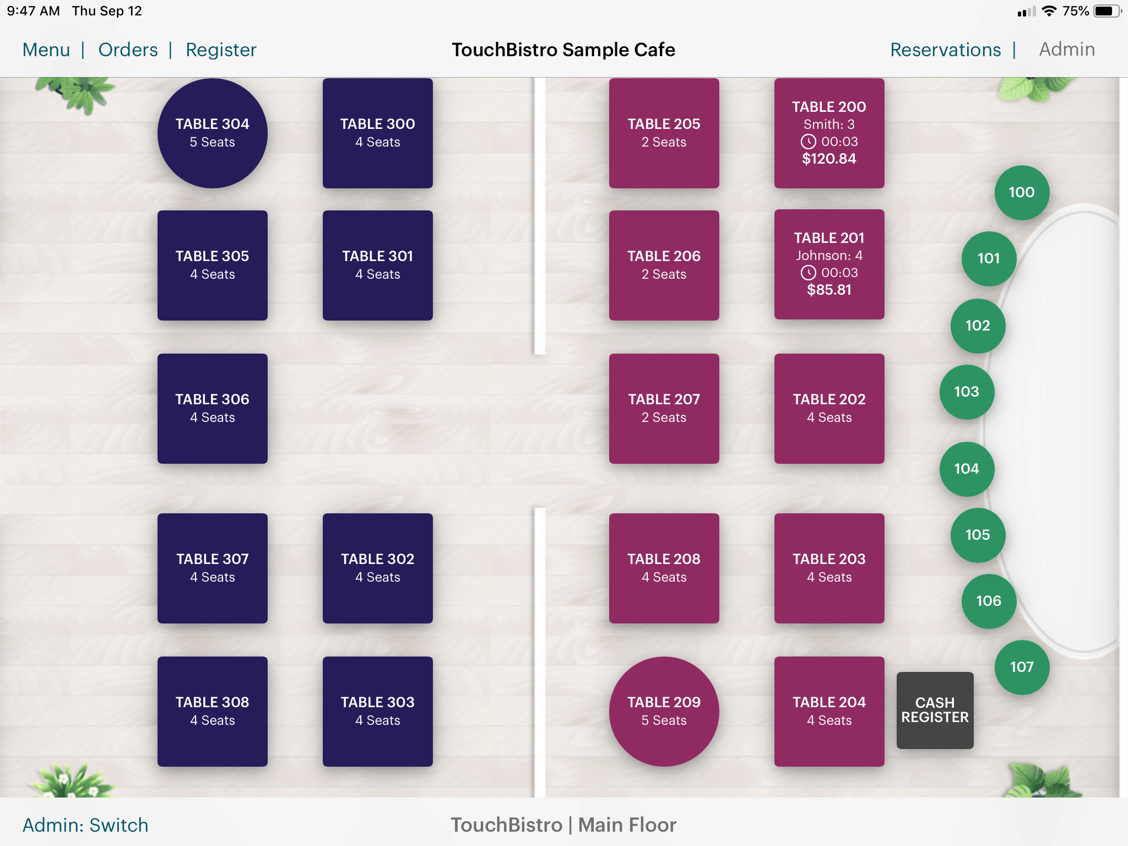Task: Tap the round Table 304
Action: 212,133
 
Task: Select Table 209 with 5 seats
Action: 664,711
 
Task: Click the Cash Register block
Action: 935,710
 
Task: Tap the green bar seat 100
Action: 1021,192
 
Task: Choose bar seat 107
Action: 1021,667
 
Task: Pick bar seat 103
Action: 966,392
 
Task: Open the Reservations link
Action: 945,50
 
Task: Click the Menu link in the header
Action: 46,50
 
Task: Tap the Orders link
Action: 128,50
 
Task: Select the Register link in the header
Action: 221,50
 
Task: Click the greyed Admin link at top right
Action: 1066,50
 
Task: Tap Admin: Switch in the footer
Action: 85,825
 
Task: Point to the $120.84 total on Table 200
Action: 829,159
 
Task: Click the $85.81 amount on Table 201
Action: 829,290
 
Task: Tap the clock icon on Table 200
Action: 808,142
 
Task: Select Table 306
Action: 212,408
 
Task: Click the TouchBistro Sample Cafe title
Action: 563,50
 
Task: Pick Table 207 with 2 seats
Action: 664,408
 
